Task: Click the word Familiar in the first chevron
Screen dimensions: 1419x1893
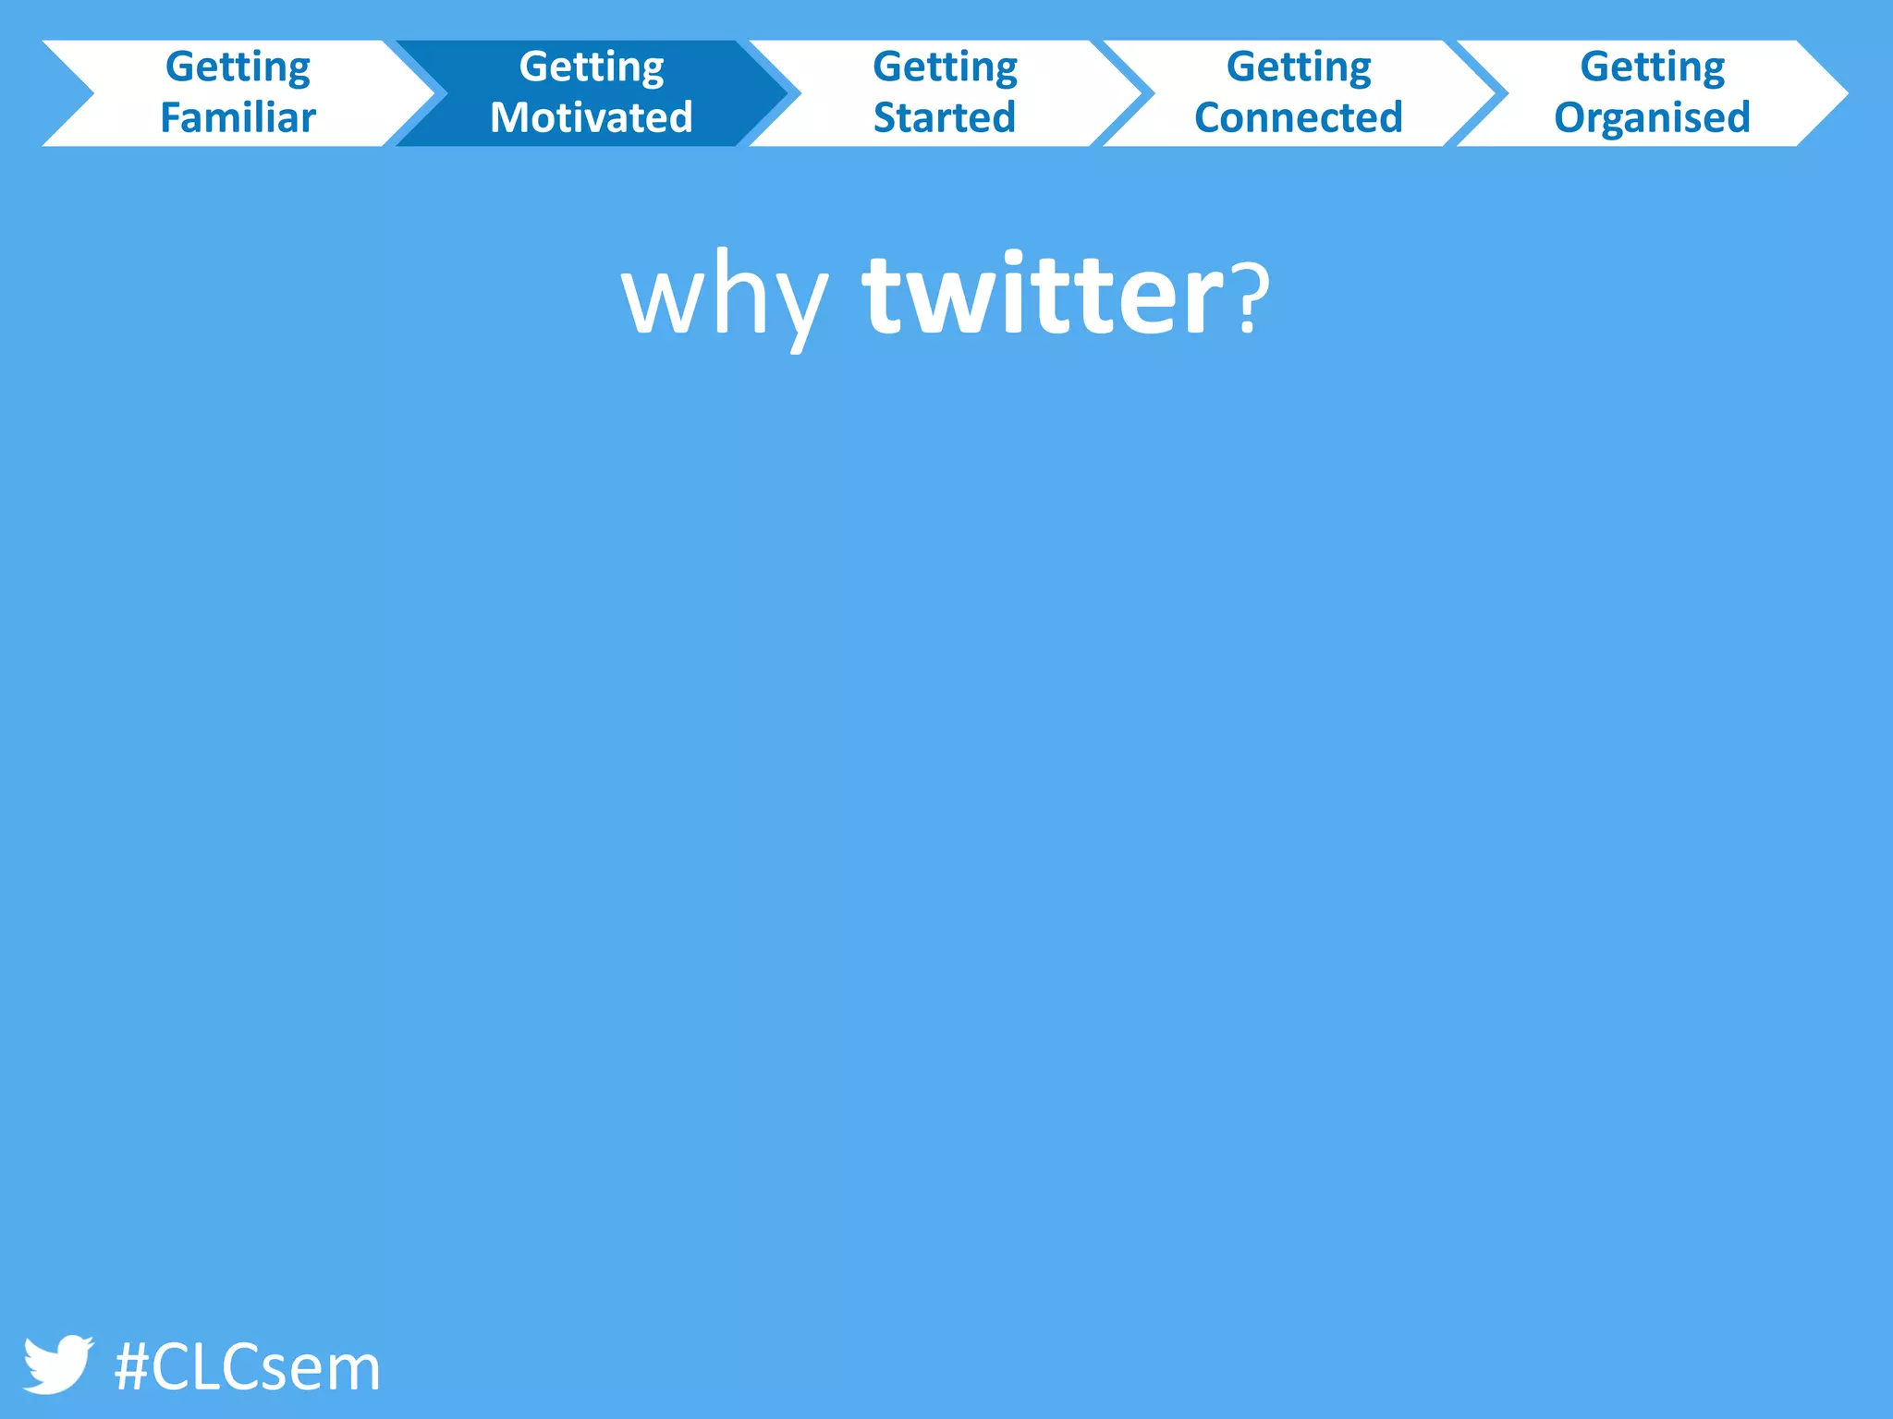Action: coord(238,118)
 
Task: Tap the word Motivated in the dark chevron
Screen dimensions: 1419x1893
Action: coord(592,118)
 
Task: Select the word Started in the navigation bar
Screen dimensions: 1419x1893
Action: coord(945,118)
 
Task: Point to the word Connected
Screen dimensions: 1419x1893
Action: coord(1299,118)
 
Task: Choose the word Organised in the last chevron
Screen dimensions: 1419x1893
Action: coord(1653,118)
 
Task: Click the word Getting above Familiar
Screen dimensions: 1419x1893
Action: coord(238,67)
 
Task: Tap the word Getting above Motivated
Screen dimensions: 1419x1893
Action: coord(592,67)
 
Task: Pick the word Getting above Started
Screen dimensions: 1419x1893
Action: coord(945,67)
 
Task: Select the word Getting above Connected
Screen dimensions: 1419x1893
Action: coord(1299,67)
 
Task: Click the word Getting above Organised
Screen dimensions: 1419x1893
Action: coord(1653,67)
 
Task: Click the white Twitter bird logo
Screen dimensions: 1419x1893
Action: coord(57,1364)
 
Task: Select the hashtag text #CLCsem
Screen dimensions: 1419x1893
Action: coord(247,1367)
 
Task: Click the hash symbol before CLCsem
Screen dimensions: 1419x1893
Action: coord(131,1367)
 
